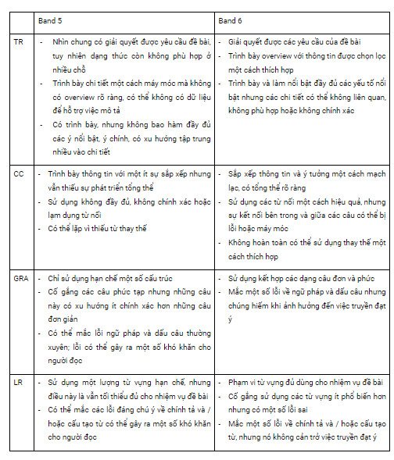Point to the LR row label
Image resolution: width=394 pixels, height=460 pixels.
pyautogui.click(x=19, y=382)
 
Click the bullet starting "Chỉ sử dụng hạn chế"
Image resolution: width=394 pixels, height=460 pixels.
pyautogui.click(x=100, y=278)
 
